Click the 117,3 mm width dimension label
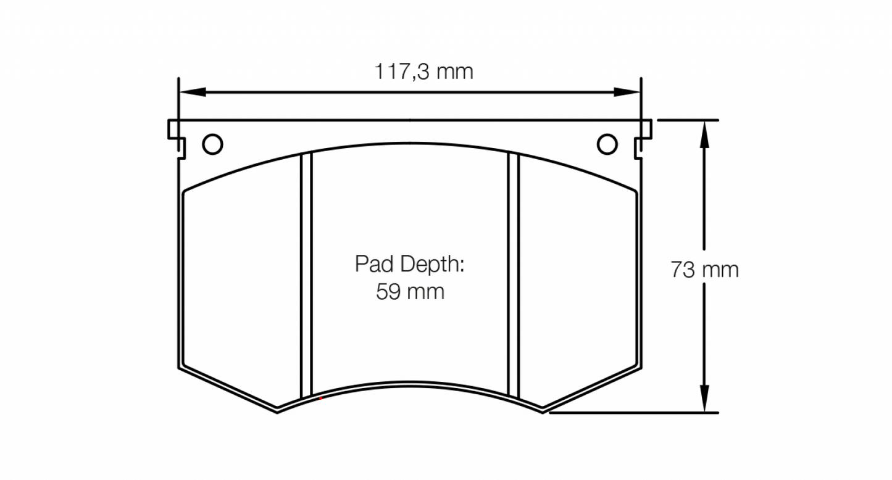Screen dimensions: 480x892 coord(423,72)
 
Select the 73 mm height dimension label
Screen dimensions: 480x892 coord(704,270)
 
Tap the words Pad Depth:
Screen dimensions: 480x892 coord(409,265)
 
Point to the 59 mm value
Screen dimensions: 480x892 coord(410,291)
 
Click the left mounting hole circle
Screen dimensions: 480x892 coord(212,144)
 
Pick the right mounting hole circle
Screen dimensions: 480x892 coord(607,144)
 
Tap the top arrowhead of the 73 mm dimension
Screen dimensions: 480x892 coord(704,133)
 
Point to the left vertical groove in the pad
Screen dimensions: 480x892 coord(307,275)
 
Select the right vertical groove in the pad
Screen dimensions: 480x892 coord(513,275)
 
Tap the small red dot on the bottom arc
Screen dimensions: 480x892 coord(320,399)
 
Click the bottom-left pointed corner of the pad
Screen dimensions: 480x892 coord(277,412)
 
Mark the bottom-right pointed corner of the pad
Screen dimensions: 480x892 coord(542,412)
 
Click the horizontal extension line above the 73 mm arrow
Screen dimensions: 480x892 coord(688,120)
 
